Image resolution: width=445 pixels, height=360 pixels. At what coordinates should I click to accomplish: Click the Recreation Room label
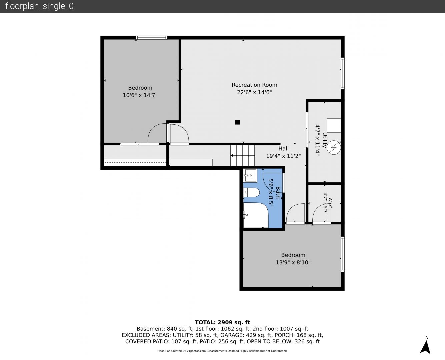click(254, 85)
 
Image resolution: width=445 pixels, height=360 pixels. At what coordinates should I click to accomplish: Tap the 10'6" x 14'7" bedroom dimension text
click(140, 95)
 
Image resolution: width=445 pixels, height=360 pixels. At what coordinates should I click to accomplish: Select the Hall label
click(283, 149)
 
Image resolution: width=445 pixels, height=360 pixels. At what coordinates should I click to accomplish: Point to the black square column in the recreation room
click(237, 122)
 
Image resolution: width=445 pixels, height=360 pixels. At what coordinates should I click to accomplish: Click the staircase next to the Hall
click(242, 156)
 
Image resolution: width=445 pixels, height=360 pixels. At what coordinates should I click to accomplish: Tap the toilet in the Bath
click(251, 192)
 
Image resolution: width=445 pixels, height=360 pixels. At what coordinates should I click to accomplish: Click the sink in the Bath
click(250, 176)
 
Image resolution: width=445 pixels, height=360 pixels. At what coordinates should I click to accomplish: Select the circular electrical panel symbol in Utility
click(334, 148)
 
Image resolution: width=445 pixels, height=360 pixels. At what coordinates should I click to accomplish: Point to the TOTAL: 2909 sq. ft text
click(222, 322)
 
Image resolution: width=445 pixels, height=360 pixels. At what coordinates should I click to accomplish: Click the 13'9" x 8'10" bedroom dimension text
click(293, 262)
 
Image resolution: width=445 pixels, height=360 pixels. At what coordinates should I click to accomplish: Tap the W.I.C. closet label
click(330, 203)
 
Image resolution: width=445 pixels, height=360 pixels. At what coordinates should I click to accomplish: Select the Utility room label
click(324, 140)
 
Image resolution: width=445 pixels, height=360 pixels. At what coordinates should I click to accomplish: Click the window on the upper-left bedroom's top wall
click(151, 38)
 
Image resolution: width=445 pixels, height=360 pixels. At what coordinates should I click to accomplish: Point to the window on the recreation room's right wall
click(343, 73)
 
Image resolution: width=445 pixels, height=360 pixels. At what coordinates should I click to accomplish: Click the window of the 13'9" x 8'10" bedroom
click(343, 254)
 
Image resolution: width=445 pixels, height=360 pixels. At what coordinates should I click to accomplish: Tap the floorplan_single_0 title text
click(39, 6)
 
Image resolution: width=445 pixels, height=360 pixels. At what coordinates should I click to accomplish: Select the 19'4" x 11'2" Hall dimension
click(283, 156)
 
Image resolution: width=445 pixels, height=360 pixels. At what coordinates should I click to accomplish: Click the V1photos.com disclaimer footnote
click(222, 351)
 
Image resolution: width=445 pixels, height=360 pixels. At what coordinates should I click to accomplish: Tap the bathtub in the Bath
click(256, 215)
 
